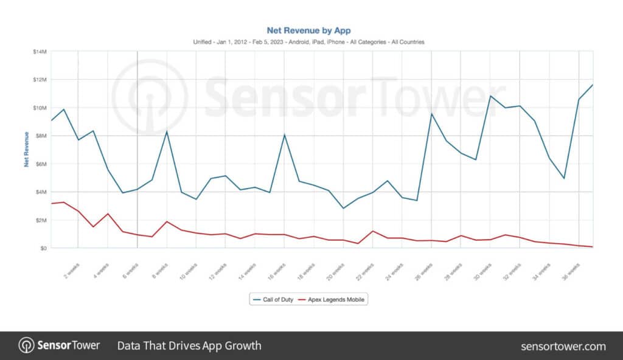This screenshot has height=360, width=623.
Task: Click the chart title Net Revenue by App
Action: tap(308, 30)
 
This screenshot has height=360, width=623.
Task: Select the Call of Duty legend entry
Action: tap(277, 299)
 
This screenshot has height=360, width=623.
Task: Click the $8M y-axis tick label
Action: tap(40, 136)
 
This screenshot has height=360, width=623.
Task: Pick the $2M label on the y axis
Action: tap(40, 220)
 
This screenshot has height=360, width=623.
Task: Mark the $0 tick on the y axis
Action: tap(43, 248)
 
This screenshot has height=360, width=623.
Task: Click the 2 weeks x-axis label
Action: tap(71, 269)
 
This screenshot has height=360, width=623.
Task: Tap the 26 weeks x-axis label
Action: tap(424, 269)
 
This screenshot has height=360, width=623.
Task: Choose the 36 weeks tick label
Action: tap(571, 269)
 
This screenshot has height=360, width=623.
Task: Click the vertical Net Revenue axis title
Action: tap(27, 149)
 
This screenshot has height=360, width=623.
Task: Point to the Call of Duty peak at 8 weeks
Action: tap(167, 131)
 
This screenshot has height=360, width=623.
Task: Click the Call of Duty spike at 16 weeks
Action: tap(284, 135)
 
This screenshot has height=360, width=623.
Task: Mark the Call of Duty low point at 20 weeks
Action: tap(343, 209)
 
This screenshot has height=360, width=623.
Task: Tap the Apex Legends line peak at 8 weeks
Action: tap(167, 221)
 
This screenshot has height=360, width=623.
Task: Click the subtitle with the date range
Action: tap(308, 42)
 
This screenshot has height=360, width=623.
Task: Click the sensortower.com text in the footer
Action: tap(563, 346)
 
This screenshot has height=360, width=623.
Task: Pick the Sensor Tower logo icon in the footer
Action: tap(26, 345)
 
